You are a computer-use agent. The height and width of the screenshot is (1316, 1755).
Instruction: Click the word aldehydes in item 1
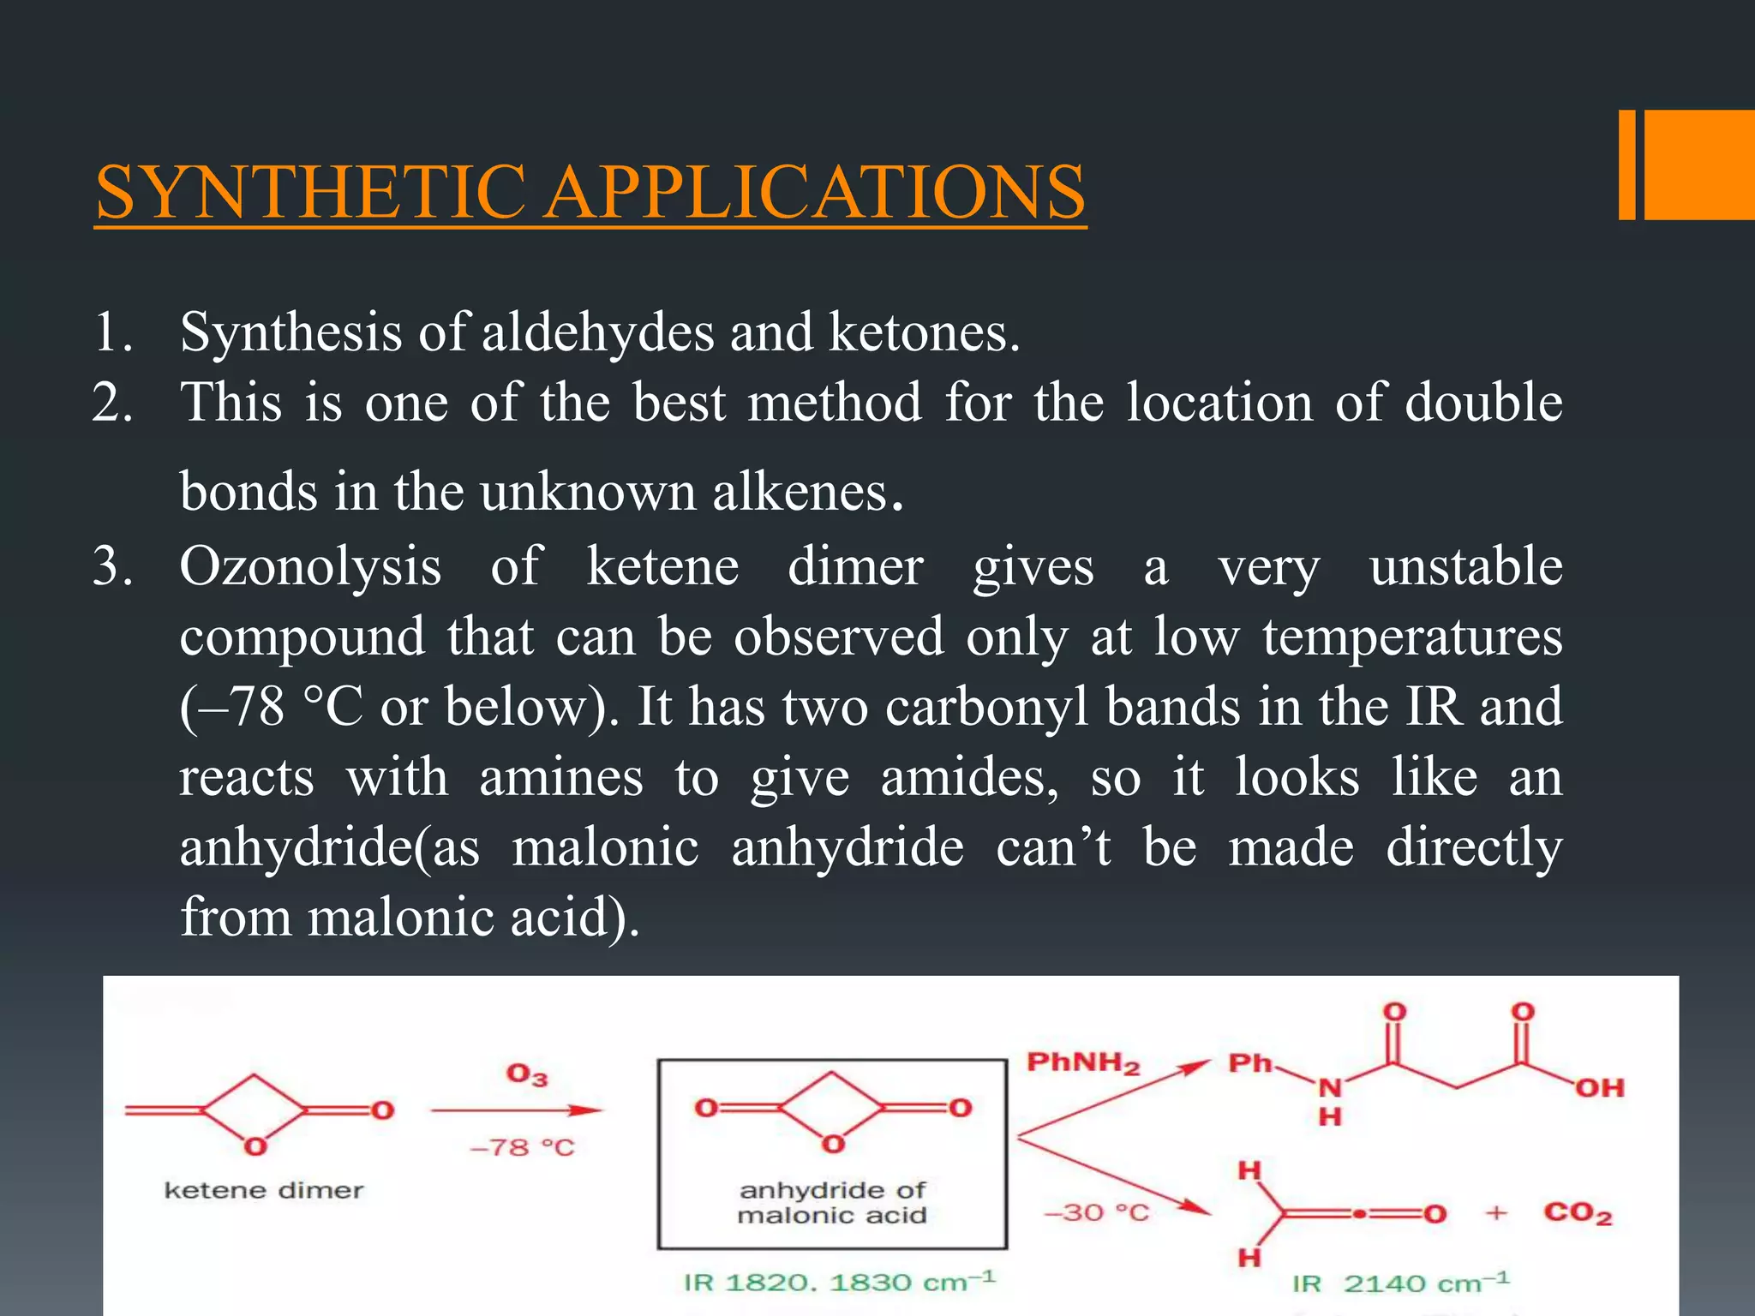point(598,332)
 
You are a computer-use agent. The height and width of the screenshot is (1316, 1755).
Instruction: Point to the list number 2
point(112,403)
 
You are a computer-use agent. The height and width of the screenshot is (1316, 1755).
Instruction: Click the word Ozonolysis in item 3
point(310,567)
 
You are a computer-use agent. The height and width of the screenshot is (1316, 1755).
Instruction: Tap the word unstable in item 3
point(1465,567)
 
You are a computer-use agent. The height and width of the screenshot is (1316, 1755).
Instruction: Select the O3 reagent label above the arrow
point(526,1075)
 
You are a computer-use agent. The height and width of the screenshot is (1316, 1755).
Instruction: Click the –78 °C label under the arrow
point(522,1147)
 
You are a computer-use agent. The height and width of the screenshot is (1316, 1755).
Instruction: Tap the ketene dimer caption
point(264,1191)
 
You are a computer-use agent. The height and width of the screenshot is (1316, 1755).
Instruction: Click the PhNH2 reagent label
point(1083,1064)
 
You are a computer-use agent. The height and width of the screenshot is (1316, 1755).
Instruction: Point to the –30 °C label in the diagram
point(1096,1212)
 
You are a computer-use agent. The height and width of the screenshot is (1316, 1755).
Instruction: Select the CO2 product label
point(1578,1213)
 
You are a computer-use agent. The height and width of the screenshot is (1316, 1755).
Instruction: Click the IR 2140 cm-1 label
point(1400,1283)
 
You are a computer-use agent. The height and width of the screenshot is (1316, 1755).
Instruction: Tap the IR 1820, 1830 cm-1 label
point(839,1282)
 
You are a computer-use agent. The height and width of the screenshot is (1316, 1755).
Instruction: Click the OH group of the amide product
point(1599,1088)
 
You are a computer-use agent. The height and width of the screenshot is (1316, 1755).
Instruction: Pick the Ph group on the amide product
point(1250,1064)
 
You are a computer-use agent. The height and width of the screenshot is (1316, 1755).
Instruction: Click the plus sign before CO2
point(1496,1213)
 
